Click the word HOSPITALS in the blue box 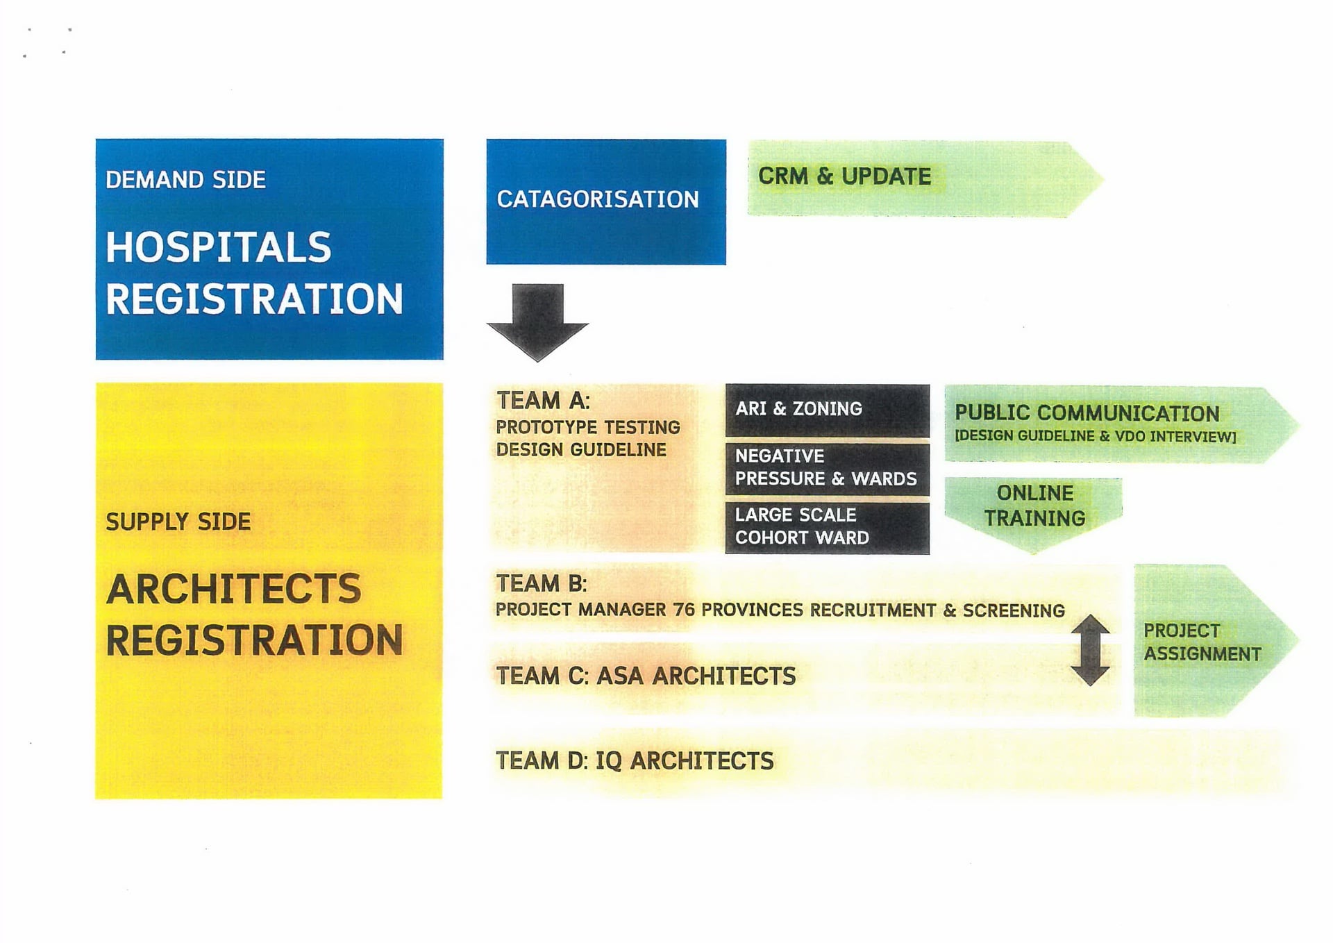218,247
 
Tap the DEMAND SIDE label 185,180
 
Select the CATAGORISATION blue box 606,201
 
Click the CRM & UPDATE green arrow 925,178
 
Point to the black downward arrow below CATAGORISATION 537,322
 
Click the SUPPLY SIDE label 178,521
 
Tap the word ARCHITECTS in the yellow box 233,589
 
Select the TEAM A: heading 543,401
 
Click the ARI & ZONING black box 827,410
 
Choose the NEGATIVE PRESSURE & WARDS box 827,469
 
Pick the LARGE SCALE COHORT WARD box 827,528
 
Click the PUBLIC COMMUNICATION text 1087,413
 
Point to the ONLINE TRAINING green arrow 1033,514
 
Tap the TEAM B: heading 542,583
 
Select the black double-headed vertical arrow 1090,650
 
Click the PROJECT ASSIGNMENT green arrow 1216,640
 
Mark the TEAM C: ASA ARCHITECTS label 646,676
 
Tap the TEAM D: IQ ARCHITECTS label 635,761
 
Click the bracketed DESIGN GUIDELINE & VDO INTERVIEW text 1096,437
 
